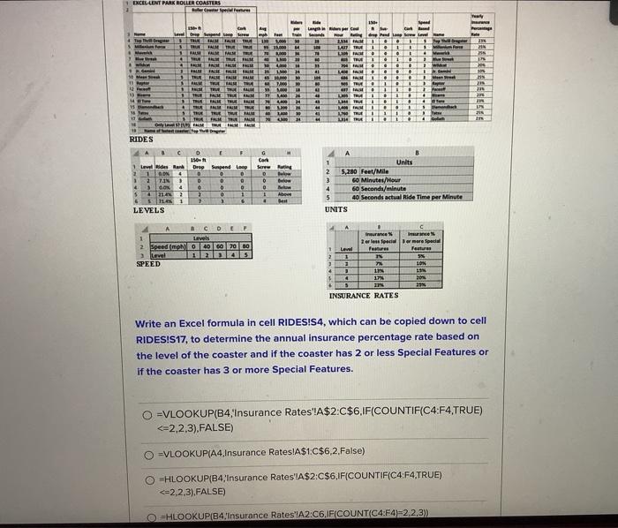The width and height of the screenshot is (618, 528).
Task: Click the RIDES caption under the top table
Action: pyautogui.click(x=142, y=139)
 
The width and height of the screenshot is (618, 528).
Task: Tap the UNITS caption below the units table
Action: pyautogui.click(x=336, y=210)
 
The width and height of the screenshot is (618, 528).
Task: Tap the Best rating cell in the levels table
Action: pyautogui.click(x=284, y=201)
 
